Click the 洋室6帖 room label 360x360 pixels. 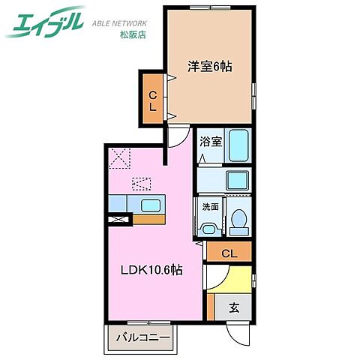pyautogui.click(x=209, y=67)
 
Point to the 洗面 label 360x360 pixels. pyautogui.click(x=209, y=206)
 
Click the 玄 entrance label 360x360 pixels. pyautogui.click(x=234, y=307)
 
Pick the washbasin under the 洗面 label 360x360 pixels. pyautogui.click(x=209, y=225)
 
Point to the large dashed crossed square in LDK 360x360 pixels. pyautogui.click(x=119, y=158)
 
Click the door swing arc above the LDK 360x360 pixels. pyautogui.click(x=177, y=136)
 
